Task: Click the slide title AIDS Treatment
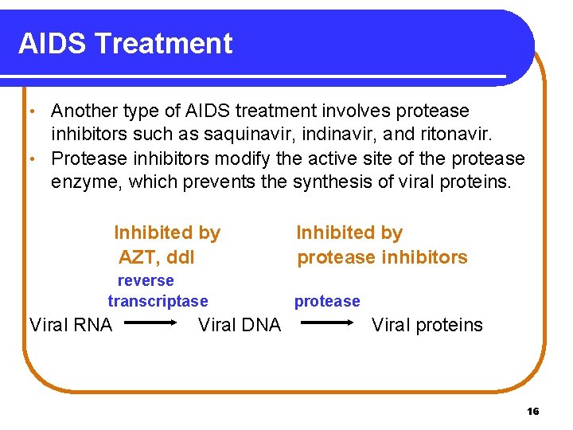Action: pyautogui.click(x=125, y=44)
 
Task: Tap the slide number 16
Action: pyautogui.click(x=532, y=412)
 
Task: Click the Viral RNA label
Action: pyautogui.click(x=71, y=325)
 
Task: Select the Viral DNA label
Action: pyautogui.click(x=239, y=325)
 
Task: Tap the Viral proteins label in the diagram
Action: pyautogui.click(x=427, y=325)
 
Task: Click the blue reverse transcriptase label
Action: pyautogui.click(x=158, y=291)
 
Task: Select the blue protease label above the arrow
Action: pyautogui.click(x=327, y=301)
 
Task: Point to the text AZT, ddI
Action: pyautogui.click(x=156, y=257)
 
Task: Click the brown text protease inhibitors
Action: pyautogui.click(x=382, y=257)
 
